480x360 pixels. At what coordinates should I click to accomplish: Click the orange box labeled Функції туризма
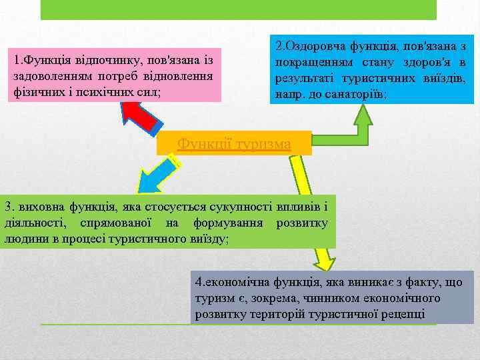pos(234,143)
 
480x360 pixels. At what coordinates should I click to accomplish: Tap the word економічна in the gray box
pos(229,283)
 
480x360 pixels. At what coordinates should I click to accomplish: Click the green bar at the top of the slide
pos(239,9)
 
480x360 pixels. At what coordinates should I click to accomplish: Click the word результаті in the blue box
pos(305,79)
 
